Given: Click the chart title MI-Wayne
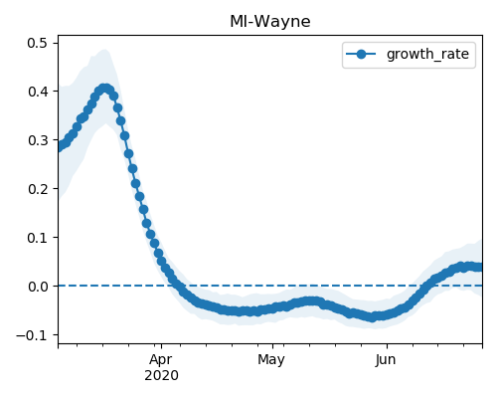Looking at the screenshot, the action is (270, 22).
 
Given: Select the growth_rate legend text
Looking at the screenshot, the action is (427, 54).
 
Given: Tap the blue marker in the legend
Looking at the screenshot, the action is (361, 54).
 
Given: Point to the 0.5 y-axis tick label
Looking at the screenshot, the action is (37, 43).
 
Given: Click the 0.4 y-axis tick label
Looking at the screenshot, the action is (37, 92).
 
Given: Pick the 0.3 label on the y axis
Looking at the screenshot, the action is (37, 140).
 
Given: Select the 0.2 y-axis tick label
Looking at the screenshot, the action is (37, 189).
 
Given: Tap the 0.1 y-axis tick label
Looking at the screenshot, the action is (37, 238).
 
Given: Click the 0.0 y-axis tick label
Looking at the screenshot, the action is (37, 287).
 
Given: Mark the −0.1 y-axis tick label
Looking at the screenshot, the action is (32, 335).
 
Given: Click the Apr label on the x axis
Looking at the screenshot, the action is (161, 360).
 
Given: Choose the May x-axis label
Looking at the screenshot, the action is (271, 360).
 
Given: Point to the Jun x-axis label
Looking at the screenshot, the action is (386, 360).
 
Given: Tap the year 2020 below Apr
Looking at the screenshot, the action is (161, 376).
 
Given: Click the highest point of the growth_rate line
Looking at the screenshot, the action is (105, 89).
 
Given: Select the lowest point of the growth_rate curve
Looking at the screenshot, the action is (373, 317).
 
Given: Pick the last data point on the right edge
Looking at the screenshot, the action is (478, 267).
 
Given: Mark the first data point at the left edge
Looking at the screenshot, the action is (60, 146).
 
